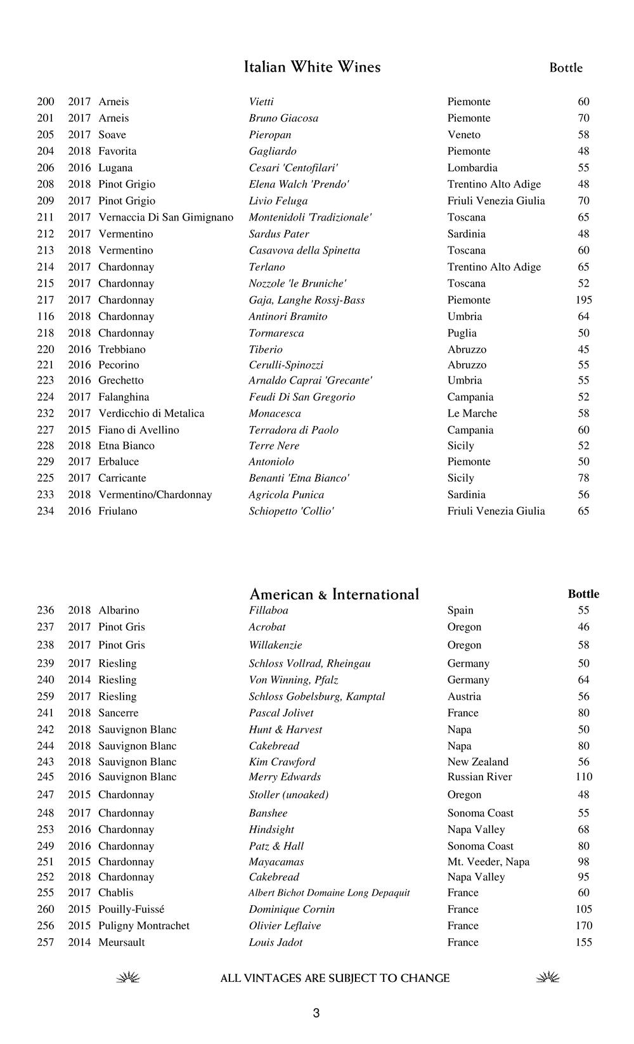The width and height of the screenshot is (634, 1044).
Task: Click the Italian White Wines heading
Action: [x=312, y=67]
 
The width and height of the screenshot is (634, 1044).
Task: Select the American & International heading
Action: [x=334, y=595]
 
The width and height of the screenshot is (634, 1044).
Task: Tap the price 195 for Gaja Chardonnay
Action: [x=583, y=300]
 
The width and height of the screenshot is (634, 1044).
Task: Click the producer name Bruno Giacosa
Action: [x=283, y=118]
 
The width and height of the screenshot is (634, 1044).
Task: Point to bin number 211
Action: [x=46, y=217]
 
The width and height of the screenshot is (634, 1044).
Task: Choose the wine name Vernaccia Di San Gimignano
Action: [x=165, y=217]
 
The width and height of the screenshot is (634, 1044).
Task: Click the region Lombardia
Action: [x=472, y=168]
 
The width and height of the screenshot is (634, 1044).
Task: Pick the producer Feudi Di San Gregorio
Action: [x=302, y=397]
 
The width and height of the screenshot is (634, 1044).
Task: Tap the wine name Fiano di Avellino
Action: [x=138, y=430]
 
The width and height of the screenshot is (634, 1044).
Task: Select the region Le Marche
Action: [x=472, y=413]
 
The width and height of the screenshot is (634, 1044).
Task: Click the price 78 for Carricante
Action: [x=583, y=478]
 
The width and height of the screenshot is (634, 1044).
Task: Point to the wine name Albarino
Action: [x=119, y=610]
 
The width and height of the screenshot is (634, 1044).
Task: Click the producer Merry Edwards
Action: [x=285, y=777]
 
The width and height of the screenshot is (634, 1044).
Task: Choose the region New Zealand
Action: [x=477, y=762]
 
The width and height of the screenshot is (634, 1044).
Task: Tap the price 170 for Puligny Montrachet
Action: [x=583, y=926]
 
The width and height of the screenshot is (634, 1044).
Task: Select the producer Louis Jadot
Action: [x=275, y=943]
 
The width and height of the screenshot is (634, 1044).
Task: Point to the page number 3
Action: [x=316, y=1014]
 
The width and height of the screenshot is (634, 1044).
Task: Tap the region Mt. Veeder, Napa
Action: [x=488, y=862]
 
